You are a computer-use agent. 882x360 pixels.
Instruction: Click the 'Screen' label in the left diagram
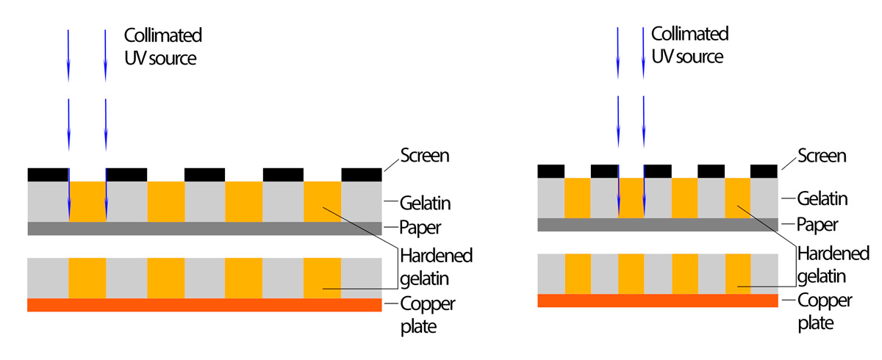[x=424, y=155]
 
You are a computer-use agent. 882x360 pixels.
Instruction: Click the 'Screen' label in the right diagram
[x=822, y=155]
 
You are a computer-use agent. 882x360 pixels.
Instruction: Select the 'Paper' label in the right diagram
[x=817, y=225]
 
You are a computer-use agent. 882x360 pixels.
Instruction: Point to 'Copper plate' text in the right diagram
[x=825, y=312]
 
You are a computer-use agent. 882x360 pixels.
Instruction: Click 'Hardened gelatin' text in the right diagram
[x=833, y=264]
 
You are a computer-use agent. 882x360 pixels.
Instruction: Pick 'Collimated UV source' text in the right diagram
[x=689, y=45]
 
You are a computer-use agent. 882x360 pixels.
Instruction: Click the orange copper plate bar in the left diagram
[x=204, y=305]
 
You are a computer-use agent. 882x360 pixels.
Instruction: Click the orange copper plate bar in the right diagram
[x=657, y=300]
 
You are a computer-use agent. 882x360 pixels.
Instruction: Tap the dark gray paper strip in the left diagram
[x=204, y=228]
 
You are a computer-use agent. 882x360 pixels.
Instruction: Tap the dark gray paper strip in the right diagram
[x=657, y=225]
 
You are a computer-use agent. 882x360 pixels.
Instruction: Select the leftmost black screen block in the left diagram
[x=48, y=174]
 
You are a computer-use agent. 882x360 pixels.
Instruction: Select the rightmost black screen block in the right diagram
[x=764, y=170]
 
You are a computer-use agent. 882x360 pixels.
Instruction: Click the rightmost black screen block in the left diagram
[x=362, y=174]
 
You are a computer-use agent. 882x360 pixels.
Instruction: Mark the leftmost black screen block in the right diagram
[x=551, y=170]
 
